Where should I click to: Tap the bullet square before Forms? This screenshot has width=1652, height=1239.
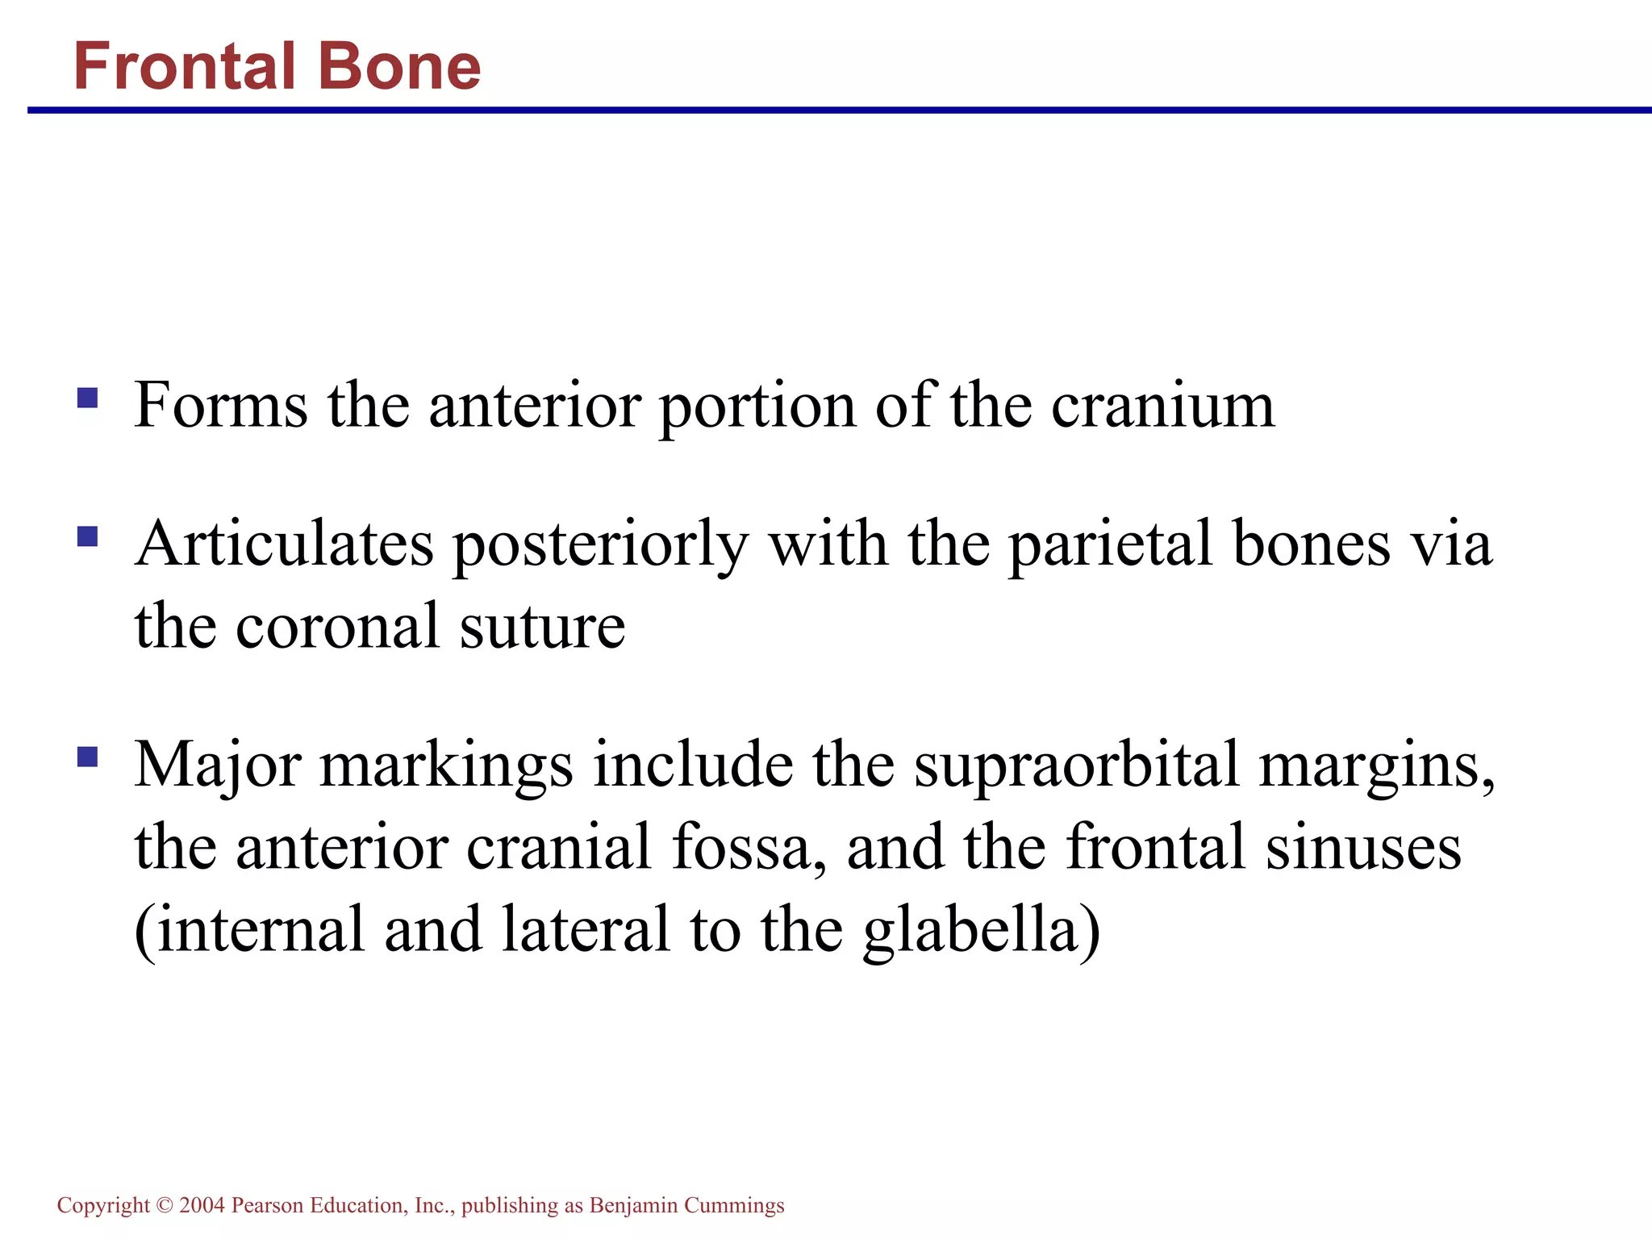pyautogui.click(x=87, y=398)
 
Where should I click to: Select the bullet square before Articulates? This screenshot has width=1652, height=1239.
pyautogui.click(x=87, y=536)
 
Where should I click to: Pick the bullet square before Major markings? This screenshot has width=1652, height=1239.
pyautogui.click(x=87, y=757)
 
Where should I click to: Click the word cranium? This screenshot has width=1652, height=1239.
pyautogui.click(x=1162, y=406)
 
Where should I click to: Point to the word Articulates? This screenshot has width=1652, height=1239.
pyautogui.click(x=284, y=544)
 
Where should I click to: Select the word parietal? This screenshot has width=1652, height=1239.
pyautogui.click(x=1111, y=544)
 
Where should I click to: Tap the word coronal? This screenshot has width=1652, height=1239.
pyautogui.click(x=337, y=628)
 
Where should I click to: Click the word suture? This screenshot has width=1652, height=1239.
pyautogui.click(x=542, y=628)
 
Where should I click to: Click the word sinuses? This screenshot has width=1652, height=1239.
pyautogui.click(x=1363, y=849)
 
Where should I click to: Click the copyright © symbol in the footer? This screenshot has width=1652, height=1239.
pyautogui.click(x=164, y=1206)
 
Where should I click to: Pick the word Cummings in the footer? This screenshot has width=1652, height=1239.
pyautogui.click(x=733, y=1206)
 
